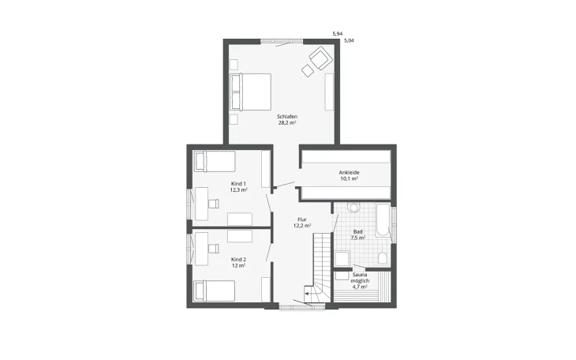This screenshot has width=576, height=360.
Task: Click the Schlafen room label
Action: tap(287, 117)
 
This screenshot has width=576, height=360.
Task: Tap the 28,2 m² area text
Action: tap(287, 123)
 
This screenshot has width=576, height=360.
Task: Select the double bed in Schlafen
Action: tap(251, 92)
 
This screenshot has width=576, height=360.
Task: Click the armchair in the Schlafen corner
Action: tap(320, 58)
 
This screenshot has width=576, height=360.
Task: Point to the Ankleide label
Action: tap(349, 172)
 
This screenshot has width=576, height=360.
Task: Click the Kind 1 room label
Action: tap(238, 183)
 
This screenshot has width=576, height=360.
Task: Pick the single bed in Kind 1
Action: tap(215, 161)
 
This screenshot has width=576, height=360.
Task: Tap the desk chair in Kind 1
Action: tap(213, 204)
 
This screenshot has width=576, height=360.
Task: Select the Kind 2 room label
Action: tap(238, 259)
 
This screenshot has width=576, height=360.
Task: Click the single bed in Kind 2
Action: tap(215, 291)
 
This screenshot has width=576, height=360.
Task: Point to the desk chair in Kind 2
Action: tap(213, 249)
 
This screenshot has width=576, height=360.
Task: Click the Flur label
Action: tap(302, 219)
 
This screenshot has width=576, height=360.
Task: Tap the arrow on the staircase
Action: tap(307, 294)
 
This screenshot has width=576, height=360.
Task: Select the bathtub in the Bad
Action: tap(383, 220)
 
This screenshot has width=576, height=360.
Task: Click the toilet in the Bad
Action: tap(383, 258)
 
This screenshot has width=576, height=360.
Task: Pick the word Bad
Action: tap(357, 231)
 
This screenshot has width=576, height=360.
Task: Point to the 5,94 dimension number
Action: tap(337, 34)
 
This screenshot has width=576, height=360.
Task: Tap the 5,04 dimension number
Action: tap(349, 41)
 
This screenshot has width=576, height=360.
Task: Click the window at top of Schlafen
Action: tap(282, 41)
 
